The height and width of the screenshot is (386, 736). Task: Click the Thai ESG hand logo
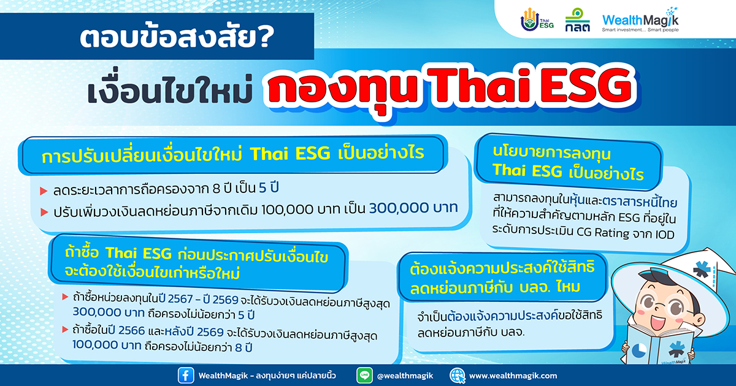[537, 20]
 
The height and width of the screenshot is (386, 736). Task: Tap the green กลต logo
[577, 20]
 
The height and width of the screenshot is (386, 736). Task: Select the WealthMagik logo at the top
[640, 20]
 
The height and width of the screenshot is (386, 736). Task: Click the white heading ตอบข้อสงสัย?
[177, 37]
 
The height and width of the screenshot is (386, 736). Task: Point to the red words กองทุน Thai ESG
[451, 89]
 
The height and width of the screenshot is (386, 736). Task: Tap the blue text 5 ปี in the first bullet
[269, 187]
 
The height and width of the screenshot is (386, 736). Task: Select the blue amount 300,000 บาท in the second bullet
[413, 208]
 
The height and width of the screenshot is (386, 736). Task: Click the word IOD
[665, 234]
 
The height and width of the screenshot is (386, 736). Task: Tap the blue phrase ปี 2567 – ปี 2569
[198, 299]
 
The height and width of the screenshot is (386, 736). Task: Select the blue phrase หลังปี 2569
[194, 332]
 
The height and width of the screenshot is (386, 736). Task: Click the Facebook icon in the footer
[186, 376]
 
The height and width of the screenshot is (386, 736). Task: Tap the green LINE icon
[364, 376]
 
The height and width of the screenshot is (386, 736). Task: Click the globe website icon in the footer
[458, 376]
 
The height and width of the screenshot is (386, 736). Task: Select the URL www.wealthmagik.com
[513, 376]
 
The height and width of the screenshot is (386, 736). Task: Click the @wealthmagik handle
[405, 376]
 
